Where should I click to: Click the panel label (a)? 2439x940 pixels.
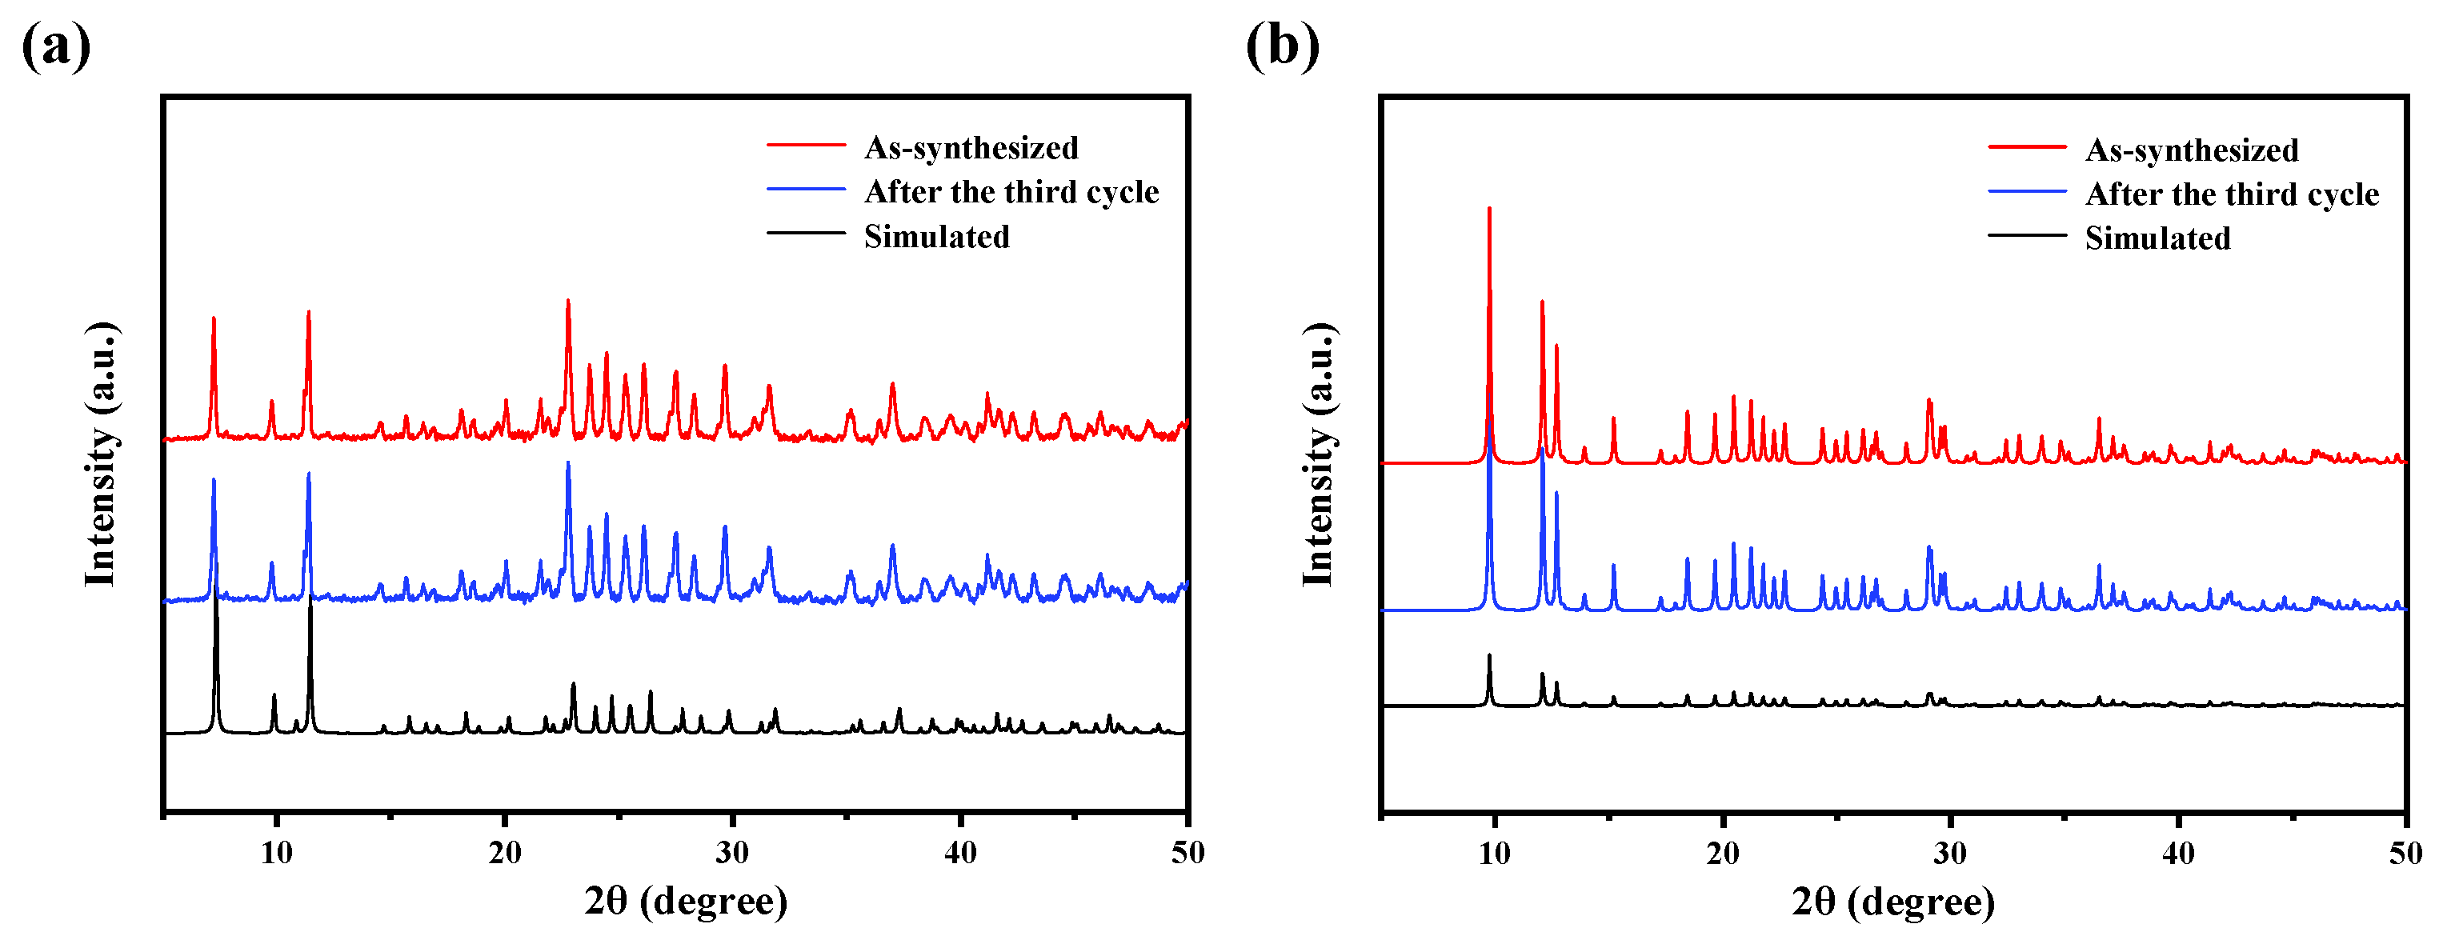coord(56,45)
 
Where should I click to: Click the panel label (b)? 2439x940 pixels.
coord(1282,45)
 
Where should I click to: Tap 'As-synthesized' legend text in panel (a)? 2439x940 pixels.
coord(971,148)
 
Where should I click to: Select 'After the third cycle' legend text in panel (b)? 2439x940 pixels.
coord(2232,194)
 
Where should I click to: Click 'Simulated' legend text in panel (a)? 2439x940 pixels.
coord(936,237)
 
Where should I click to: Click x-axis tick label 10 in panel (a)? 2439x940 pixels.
coord(277,853)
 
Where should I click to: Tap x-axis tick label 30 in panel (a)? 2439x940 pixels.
coord(732,853)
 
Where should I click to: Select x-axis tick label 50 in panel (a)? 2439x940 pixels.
coord(1187,853)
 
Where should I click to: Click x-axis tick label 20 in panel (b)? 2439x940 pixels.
coord(1722,854)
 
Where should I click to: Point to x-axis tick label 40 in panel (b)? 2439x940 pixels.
coord(2177,854)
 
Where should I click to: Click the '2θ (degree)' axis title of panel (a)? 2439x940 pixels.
coord(686,900)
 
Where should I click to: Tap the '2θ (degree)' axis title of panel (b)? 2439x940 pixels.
coord(1892,901)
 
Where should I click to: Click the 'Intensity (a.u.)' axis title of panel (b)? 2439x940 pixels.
coord(1318,454)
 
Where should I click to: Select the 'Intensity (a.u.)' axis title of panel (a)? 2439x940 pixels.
coord(100,454)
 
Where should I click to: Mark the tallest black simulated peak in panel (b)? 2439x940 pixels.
coord(1489,655)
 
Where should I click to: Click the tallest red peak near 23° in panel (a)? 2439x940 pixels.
coord(568,301)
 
